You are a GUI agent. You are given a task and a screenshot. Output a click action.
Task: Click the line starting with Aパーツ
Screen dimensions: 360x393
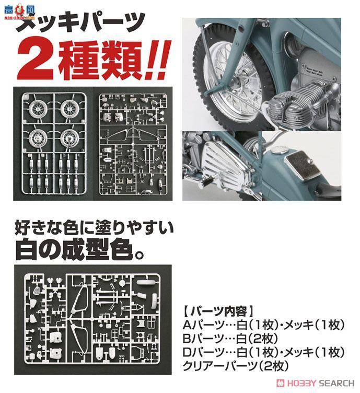pyautogui.click(x=263, y=325)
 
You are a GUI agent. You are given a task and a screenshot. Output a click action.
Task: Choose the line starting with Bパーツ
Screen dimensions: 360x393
pyautogui.click(x=230, y=339)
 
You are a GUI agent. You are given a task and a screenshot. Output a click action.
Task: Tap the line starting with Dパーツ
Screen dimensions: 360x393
pyautogui.click(x=263, y=353)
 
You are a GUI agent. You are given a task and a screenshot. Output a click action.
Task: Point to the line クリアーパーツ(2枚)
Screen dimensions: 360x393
pyautogui.click(x=236, y=366)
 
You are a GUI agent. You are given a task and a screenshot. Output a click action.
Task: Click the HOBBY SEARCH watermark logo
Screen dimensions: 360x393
pyautogui.click(x=316, y=383)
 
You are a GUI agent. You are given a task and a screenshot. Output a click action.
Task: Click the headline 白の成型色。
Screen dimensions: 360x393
pyautogui.click(x=80, y=250)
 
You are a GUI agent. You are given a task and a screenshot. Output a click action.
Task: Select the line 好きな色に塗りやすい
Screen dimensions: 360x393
pyautogui.click(x=94, y=228)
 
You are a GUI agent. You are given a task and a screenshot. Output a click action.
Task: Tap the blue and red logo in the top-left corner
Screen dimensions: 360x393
pyautogui.click(x=19, y=13)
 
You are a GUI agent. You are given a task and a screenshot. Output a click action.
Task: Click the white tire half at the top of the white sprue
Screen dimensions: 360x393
pyautogui.click(x=148, y=282)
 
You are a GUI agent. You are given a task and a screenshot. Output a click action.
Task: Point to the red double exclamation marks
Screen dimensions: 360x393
pyautogui.click(x=157, y=60)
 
